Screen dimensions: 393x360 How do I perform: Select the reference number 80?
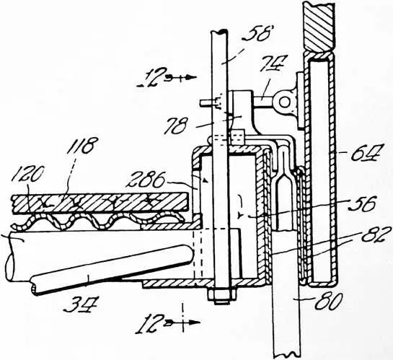tap(329, 302)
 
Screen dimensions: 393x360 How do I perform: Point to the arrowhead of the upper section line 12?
tap(192, 78)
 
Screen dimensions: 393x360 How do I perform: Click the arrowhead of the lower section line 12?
tap(194, 322)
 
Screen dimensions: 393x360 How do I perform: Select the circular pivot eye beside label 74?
tap(284, 102)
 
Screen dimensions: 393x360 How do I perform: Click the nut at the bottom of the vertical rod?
tap(221, 297)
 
